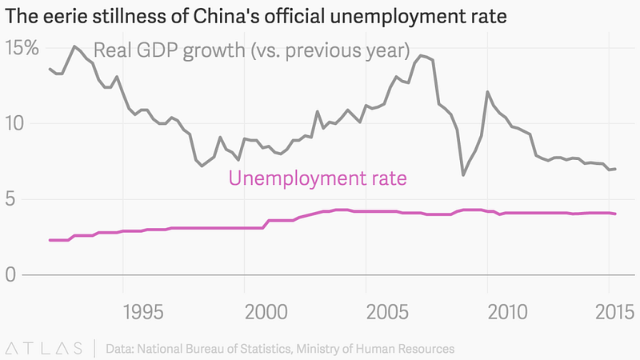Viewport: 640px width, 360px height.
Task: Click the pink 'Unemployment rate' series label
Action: tap(318, 178)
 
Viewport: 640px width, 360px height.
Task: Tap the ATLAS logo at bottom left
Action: tap(44, 348)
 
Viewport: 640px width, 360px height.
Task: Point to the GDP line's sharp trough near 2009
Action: tap(463, 174)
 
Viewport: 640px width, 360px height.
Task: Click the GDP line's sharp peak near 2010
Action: tap(488, 92)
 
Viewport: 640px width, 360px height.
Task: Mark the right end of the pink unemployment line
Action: tap(615, 214)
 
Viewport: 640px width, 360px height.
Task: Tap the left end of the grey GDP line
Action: tap(50, 69)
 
